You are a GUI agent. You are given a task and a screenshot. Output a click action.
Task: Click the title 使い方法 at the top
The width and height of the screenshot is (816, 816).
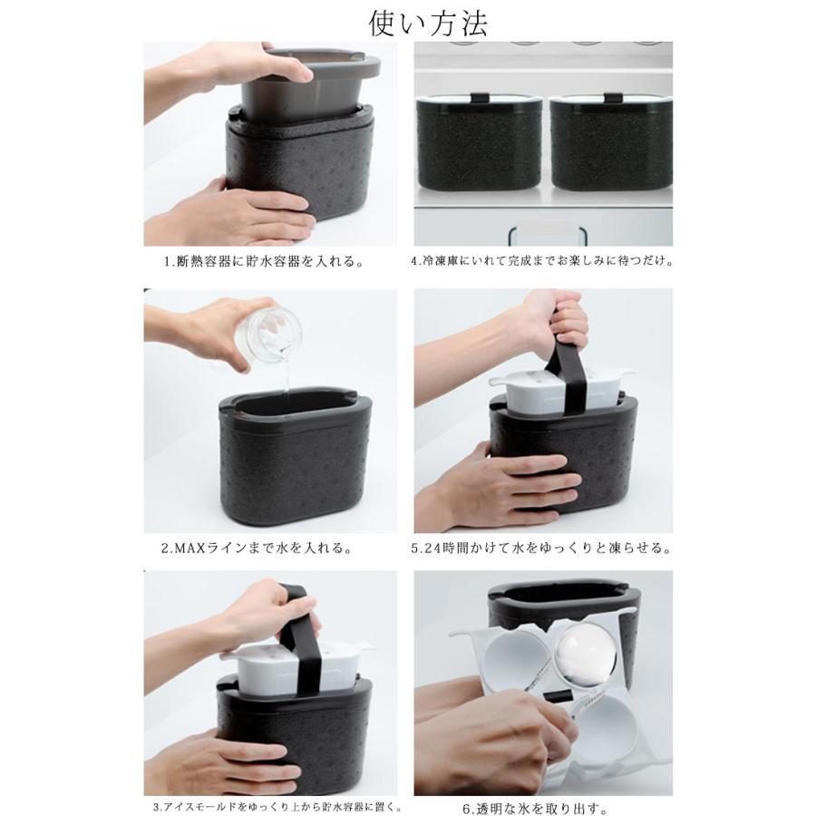click(428, 24)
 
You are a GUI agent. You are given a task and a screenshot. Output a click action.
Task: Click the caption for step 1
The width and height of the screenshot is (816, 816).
click(264, 261)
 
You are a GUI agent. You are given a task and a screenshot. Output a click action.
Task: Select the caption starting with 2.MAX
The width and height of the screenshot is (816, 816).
click(257, 548)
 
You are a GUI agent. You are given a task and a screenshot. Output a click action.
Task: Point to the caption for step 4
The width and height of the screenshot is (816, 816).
click(542, 261)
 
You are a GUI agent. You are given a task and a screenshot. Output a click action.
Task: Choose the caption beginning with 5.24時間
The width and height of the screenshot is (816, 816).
click(541, 548)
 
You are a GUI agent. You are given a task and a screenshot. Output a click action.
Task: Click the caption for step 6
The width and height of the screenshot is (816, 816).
click(535, 809)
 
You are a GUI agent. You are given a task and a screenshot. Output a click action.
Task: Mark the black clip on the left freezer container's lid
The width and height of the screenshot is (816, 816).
click(480, 98)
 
